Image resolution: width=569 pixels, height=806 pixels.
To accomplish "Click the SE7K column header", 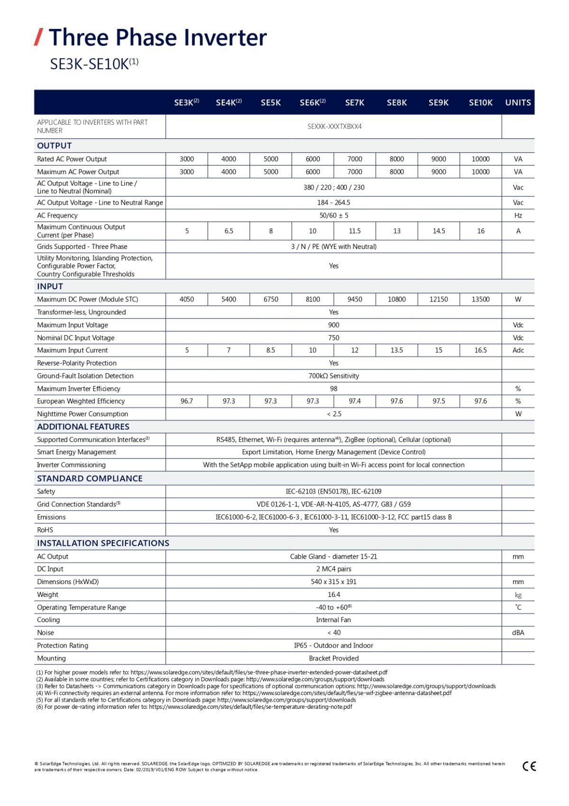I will pos(355,102).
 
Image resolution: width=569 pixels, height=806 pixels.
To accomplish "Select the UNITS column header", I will pos(518,102).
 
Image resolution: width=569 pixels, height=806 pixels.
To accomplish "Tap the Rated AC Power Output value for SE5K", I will pos(271,159).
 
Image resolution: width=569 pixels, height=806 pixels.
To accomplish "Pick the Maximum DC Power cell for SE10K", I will pos(480,299).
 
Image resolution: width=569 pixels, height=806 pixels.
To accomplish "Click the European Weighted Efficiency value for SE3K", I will pos(187,401).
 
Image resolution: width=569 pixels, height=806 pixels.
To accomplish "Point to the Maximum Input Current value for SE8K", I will pos(396,350).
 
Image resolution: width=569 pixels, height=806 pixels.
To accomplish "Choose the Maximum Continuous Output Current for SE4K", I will pos(229,231).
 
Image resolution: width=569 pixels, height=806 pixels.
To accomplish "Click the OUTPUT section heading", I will pos(55,146).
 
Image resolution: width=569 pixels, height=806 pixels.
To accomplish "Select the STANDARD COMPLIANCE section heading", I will pos(90,478).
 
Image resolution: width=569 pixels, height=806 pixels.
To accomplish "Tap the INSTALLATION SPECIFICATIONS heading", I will pos(103,543).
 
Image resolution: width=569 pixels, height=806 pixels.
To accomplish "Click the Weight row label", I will pos(47,595).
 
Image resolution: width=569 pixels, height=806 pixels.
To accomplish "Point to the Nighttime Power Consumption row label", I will pos(83,414).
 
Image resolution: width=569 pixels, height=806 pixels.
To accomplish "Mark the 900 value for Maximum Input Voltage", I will pos(334,325).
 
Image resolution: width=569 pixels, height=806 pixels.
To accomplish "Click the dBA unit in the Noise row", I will pos(518,632).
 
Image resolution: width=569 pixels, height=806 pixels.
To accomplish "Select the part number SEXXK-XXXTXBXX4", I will pos(334,127).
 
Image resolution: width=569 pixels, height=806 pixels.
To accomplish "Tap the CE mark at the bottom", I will pos(529,766).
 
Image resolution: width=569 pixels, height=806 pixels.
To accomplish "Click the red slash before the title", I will pos(39,37).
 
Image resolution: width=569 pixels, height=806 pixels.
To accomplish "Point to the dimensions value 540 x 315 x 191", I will pos(334,582).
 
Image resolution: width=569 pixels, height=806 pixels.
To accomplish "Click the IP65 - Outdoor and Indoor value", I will pos(334,645).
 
